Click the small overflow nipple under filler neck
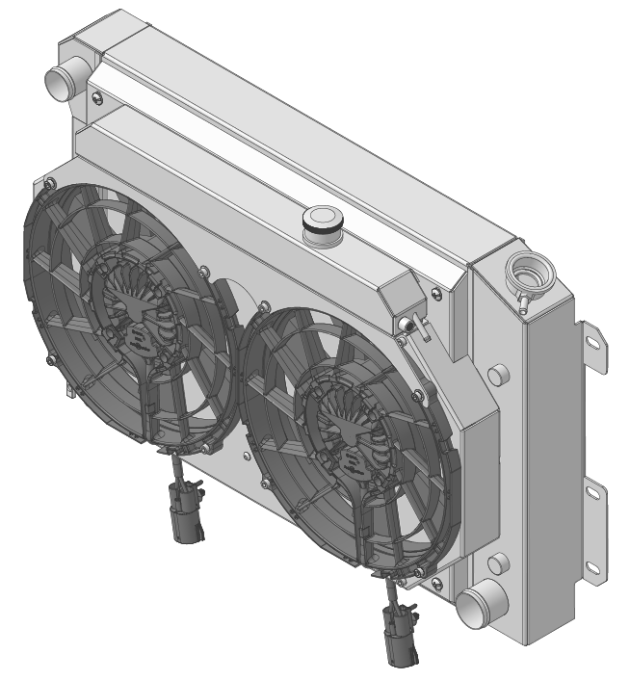click(x=521, y=303)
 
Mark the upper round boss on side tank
click(x=497, y=374)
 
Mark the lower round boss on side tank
click(x=497, y=563)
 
